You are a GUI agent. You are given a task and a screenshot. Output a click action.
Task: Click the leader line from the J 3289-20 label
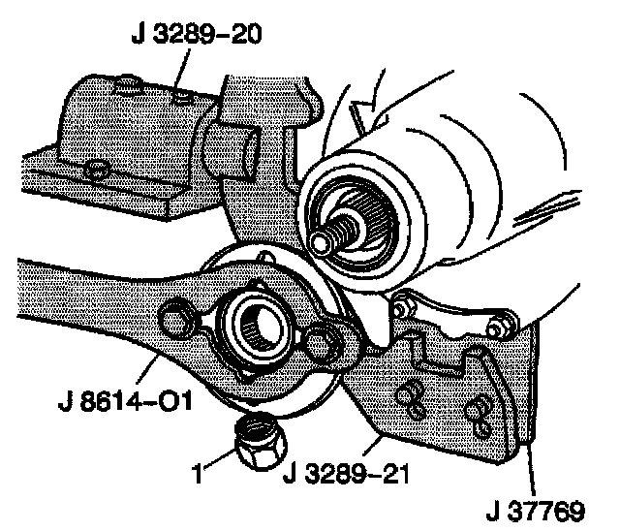pos(181,72)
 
